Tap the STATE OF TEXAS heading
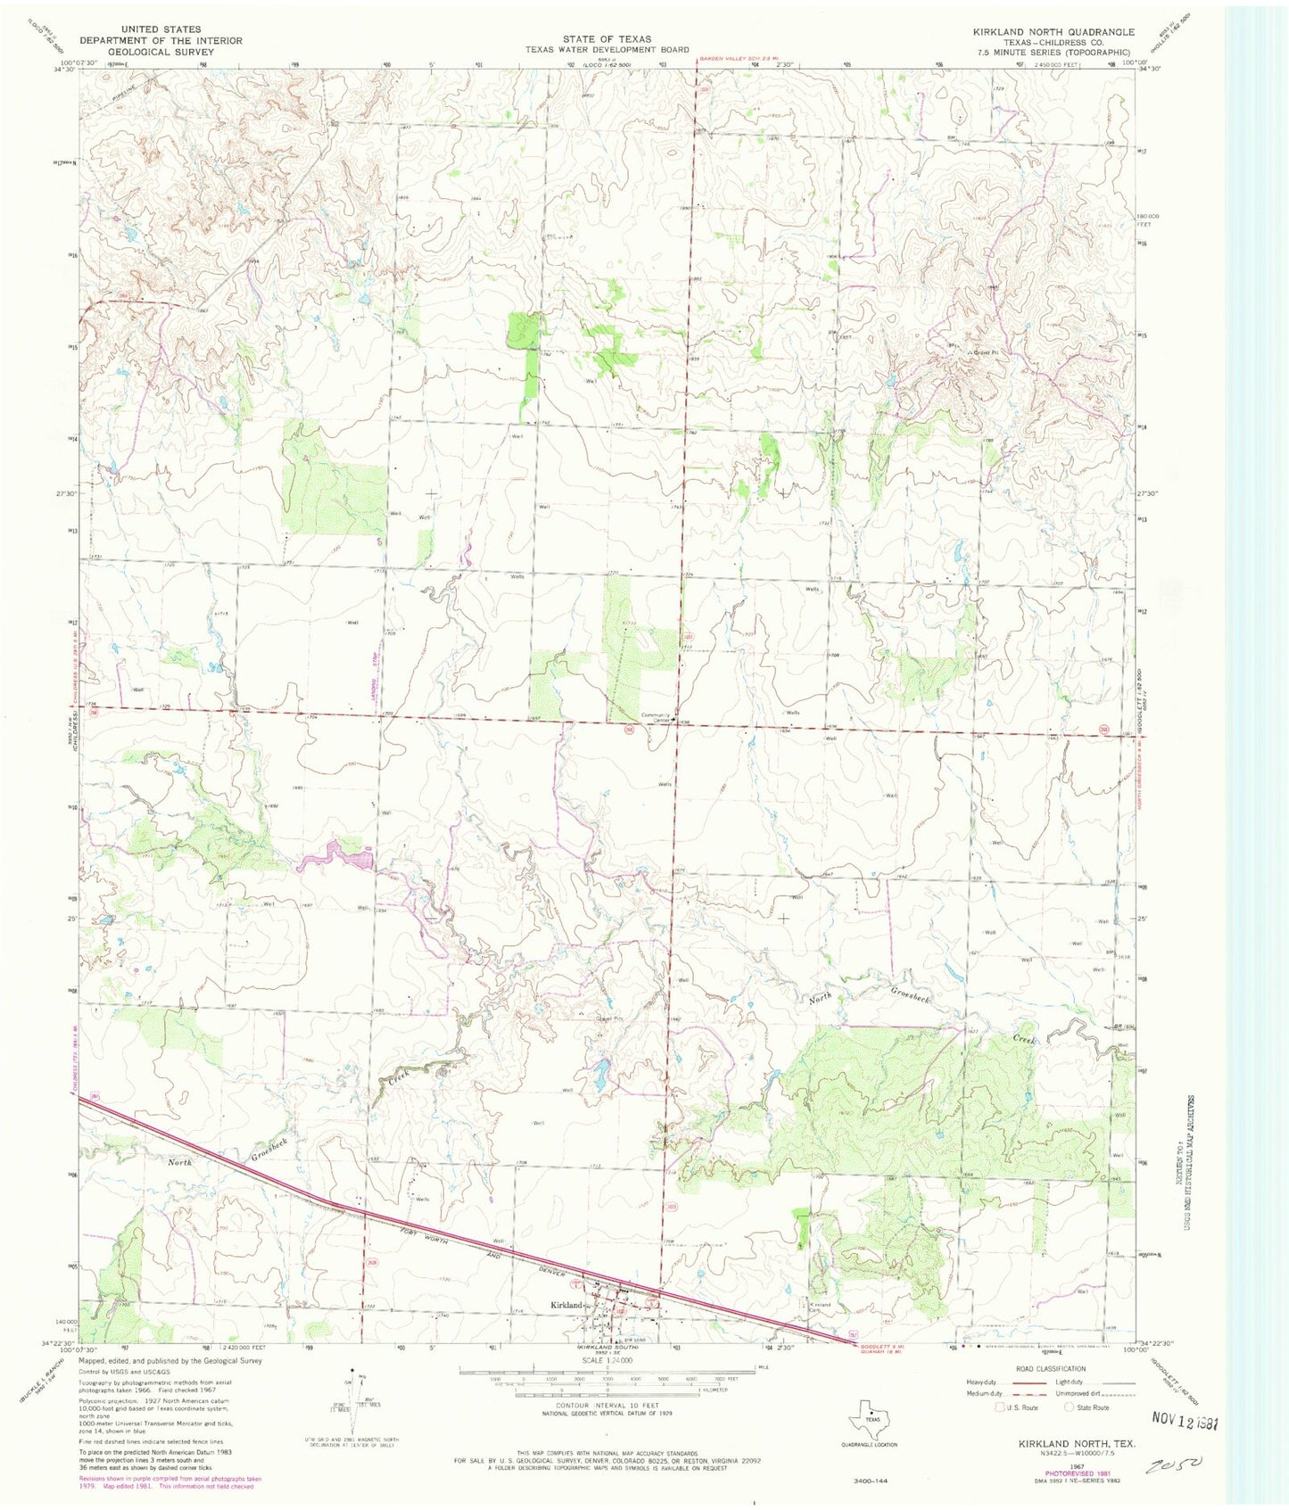click(x=606, y=39)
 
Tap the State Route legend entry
click(x=1087, y=1407)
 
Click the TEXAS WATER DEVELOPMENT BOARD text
click(x=606, y=50)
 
